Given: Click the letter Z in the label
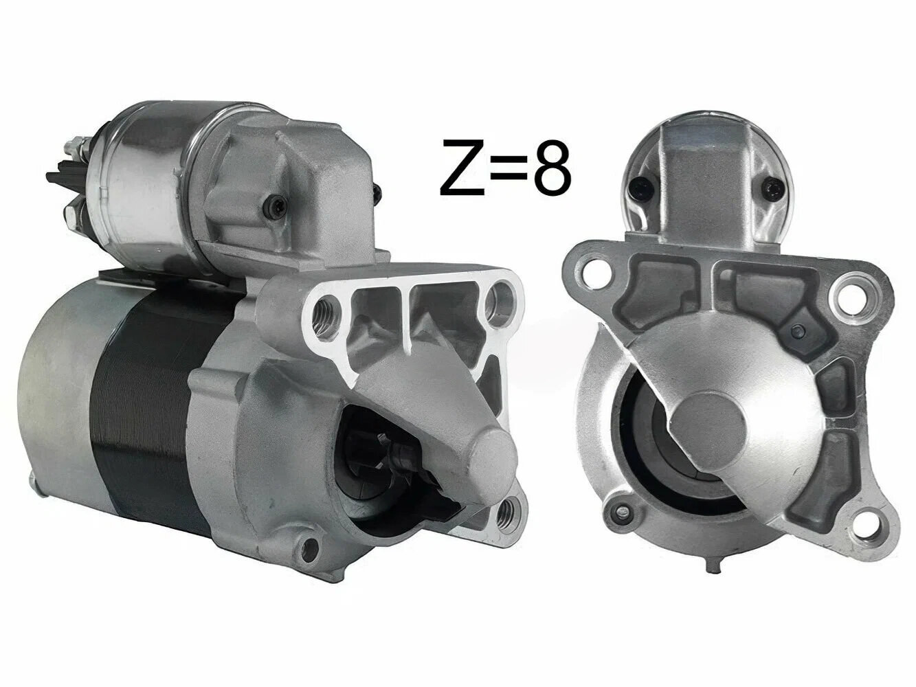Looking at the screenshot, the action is (x=462, y=167).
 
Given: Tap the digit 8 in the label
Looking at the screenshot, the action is (x=551, y=167).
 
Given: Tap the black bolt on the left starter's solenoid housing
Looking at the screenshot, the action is (x=276, y=205).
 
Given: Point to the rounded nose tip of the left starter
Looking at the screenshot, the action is (x=491, y=467).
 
